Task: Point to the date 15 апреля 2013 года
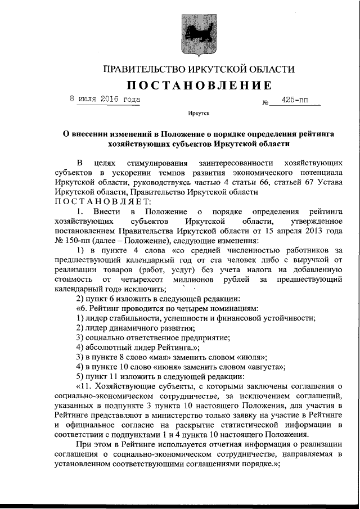[x=300, y=230]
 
